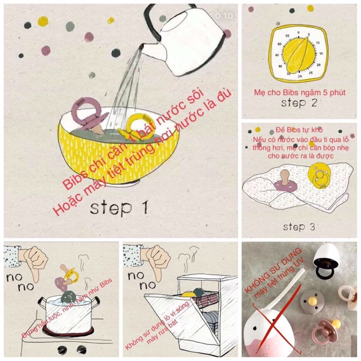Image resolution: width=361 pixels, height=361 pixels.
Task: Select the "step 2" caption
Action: click(x=301, y=104)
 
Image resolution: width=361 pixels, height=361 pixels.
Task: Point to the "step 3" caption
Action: click(x=302, y=227)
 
